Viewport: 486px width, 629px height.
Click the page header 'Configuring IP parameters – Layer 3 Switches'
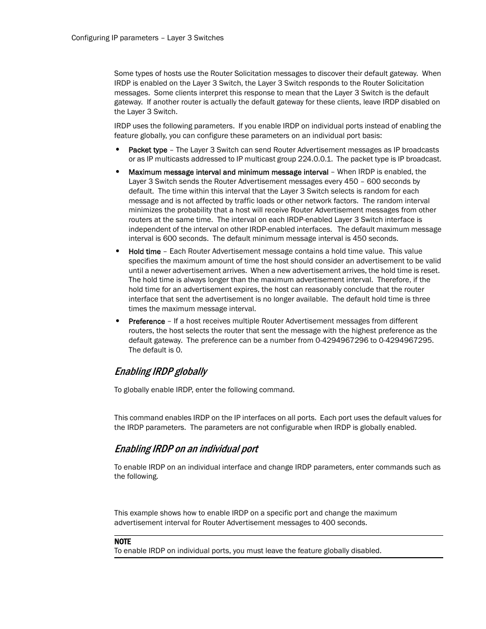coord(147,38)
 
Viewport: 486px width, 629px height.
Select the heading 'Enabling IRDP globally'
coord(160,371)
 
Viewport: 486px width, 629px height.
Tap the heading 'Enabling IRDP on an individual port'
coord(186,449)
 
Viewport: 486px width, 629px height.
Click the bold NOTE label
coord(122,541)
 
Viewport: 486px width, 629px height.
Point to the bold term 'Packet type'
coord(148,150)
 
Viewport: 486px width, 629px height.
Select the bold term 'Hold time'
coord(144,252)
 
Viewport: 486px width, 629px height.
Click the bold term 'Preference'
coord(147,321)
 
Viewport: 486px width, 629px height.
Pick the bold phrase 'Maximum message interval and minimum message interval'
coord(228,172)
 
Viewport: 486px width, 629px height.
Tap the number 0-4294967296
coord(341,340)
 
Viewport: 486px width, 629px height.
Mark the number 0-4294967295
coord(406,340)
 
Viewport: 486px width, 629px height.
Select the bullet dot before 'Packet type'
coord(117,149)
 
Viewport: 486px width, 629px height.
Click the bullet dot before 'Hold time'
coord(117,251)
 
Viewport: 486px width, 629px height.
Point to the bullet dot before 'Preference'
coord(117,321)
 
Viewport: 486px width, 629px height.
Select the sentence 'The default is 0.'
coord(155,350)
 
